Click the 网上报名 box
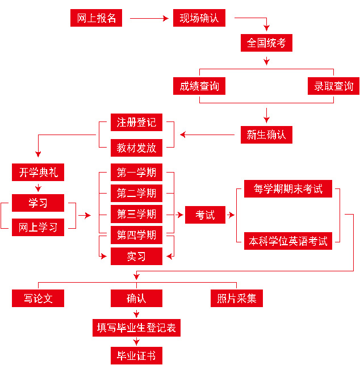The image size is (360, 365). coord(96,18)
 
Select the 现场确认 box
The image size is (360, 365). coord(199,18)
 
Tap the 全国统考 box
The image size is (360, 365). coord(266,43)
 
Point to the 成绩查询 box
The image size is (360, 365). coord(199,86)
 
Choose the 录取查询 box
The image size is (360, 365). coord(333,86)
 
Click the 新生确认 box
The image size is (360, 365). coord(266,135)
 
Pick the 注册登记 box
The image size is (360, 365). coord(136,122)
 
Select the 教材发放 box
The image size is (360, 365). coord(136,148)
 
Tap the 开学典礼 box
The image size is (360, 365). coord(38,173)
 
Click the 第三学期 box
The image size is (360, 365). coord(136,214)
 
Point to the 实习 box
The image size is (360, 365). coord(136,257)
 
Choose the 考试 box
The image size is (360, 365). coord(205,215)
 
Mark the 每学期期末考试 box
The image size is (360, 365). coord(288,189)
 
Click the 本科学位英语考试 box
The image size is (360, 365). coord(288,241)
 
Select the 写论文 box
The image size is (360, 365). coord(38,298)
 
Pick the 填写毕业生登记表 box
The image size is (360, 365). coord(136,328)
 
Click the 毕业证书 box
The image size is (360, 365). coord(136,356)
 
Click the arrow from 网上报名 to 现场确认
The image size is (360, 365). coord(150,18)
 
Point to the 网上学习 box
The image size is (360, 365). coord(38,228)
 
